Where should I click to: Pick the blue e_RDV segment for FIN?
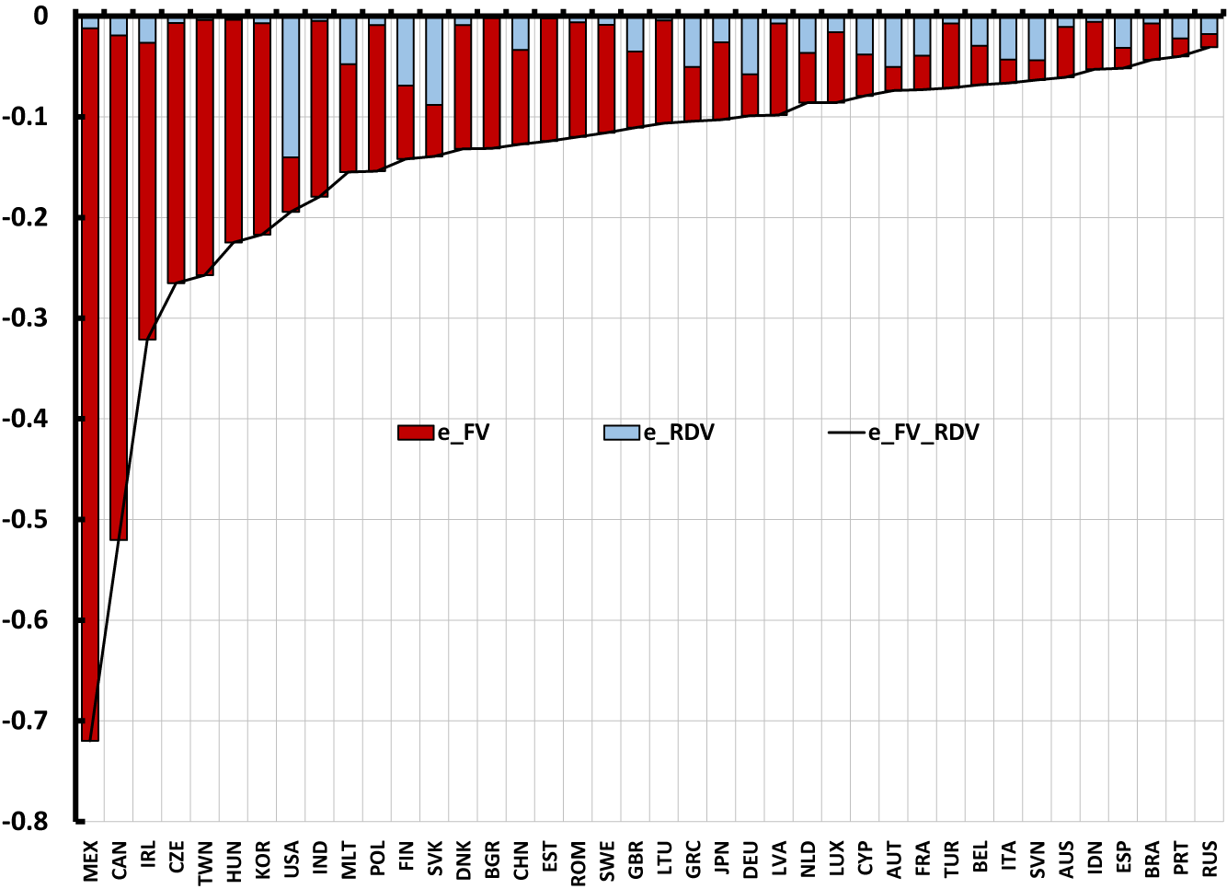[406, 51]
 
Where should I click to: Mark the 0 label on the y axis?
[40, 16]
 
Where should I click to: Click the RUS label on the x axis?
[1210, 859]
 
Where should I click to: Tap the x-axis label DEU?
[751, 859]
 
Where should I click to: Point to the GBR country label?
[636, 859]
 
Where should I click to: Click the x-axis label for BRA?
[1152, 859]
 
